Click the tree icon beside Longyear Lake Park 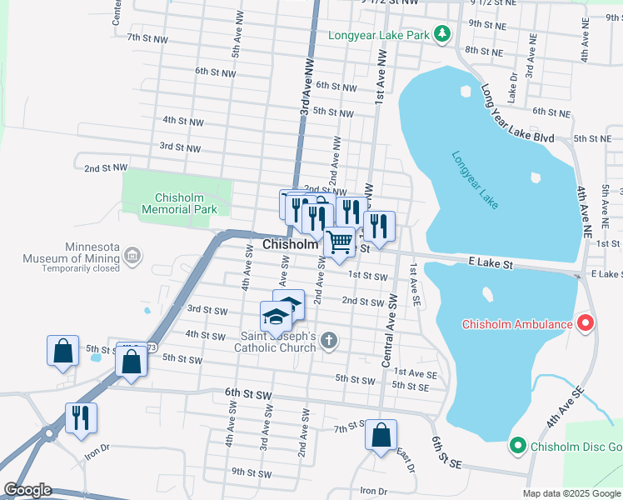442,34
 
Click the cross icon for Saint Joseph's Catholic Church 330,340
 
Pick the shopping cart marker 339,242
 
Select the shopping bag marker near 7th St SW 381,435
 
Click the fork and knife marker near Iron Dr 81,417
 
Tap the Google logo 27,490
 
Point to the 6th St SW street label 248,392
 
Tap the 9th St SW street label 252,472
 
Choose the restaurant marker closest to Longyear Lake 379,226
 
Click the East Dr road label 406,460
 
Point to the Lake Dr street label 513,87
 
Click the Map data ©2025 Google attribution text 571,492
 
